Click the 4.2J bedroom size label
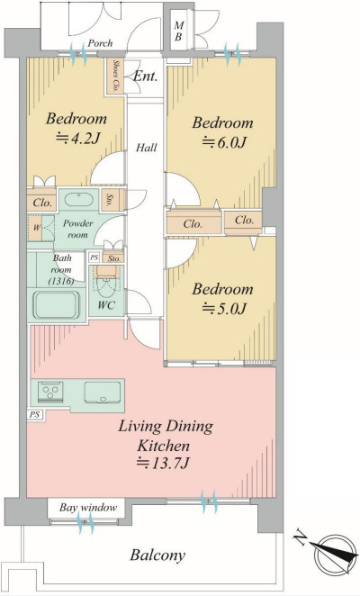point(79,138)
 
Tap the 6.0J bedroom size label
point(224,141)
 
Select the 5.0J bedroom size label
point(224,308)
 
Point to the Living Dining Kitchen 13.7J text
point(165,445)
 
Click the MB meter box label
point(178,32)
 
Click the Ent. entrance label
point(145,76)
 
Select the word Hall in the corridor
point(147,147)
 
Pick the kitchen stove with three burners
point(50,393)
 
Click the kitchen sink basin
point(103,393)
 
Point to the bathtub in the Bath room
point(57,305)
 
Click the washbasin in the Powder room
point(78,199)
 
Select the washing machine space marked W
point(37,228)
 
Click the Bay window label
point(88,508)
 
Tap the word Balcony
point(157,555)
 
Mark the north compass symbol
point(330,555)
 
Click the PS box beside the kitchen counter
point(34,414)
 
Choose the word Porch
point(101,43)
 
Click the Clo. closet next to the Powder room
point(41,203)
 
